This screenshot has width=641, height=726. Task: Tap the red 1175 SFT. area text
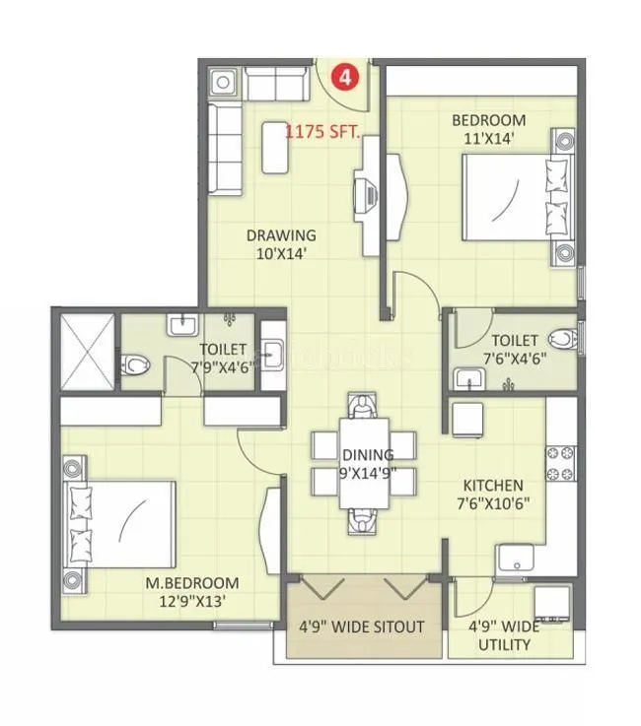pos(322,130)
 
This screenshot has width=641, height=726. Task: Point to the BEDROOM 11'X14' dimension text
pos(488,138)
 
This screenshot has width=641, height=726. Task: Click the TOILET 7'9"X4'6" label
pos(224,358)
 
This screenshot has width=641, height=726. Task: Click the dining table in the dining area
pos(362,462)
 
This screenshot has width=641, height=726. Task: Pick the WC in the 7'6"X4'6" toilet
pos(561,340)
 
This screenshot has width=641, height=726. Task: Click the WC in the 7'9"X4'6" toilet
pos(135,365)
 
